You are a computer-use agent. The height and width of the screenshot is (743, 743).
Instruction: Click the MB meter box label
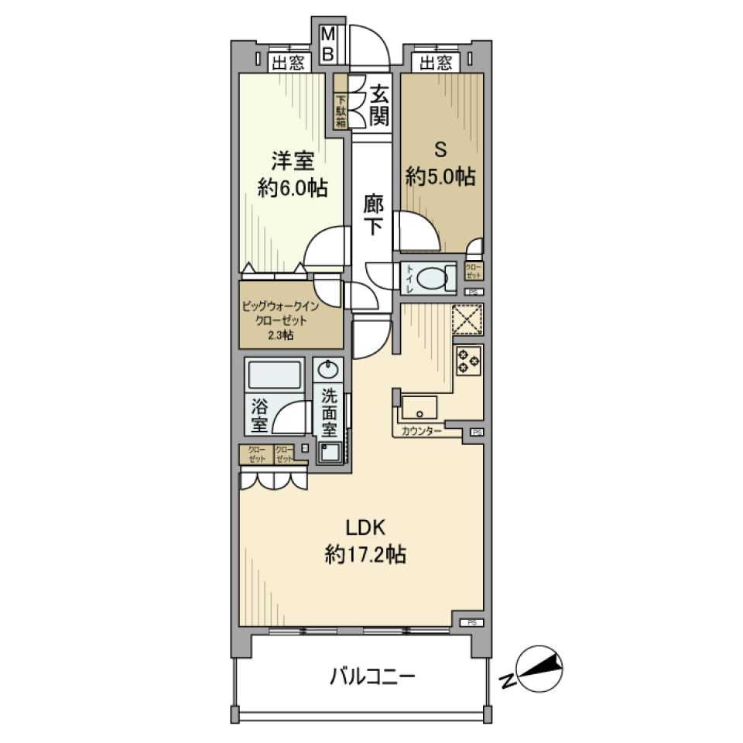coord(328,44)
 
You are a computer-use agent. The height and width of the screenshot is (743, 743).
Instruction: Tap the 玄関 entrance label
coord(378,106)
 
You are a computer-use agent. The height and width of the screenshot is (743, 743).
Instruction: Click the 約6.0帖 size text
coord(292,187)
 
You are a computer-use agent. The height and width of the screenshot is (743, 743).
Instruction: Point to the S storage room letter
coord(439,149)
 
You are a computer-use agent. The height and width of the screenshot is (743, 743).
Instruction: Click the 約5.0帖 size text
coord(440,177)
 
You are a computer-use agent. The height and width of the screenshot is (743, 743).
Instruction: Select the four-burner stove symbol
coord(468,360)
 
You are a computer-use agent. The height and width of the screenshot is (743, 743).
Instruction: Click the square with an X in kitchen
coord(467,319)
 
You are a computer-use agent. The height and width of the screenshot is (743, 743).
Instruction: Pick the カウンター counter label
coord(422,431)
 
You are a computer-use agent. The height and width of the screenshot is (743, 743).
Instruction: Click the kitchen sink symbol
coord(419,406)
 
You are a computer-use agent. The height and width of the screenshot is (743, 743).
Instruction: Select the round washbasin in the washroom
coord(329,367)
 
